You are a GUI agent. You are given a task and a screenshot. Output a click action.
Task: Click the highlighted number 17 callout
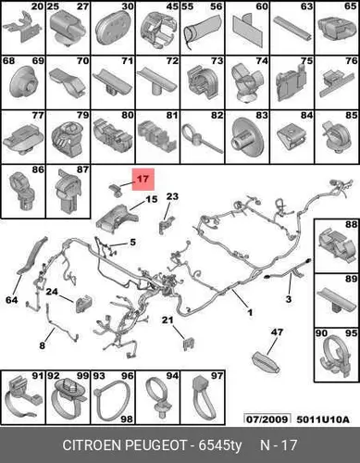click(143, 179)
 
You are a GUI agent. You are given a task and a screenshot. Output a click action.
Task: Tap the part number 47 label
click(277, 332)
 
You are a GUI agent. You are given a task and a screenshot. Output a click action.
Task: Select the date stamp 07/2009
click(267, 419)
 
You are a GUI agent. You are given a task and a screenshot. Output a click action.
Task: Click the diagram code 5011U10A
click(323, 419)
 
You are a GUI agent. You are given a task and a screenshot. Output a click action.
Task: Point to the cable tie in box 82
click(202, 139)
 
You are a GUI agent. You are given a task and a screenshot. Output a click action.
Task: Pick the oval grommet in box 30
click(114, 30)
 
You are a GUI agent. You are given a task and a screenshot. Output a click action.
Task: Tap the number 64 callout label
click(12, 300)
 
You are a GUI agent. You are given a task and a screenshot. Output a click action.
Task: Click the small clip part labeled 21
click(189, 344)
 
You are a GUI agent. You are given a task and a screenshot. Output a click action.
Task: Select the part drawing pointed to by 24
click(83, 303)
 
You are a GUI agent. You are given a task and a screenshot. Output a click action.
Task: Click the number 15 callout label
click(152, 199)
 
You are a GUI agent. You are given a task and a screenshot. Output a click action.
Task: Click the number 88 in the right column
click(351, 224)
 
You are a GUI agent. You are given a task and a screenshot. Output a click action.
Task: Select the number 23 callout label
click(172, 196)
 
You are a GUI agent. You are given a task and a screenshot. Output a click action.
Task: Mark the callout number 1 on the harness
click(250, 312)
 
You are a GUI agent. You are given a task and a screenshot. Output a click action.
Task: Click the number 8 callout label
click(43, 345)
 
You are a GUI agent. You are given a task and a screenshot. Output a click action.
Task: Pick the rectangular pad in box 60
click(247, 31)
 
